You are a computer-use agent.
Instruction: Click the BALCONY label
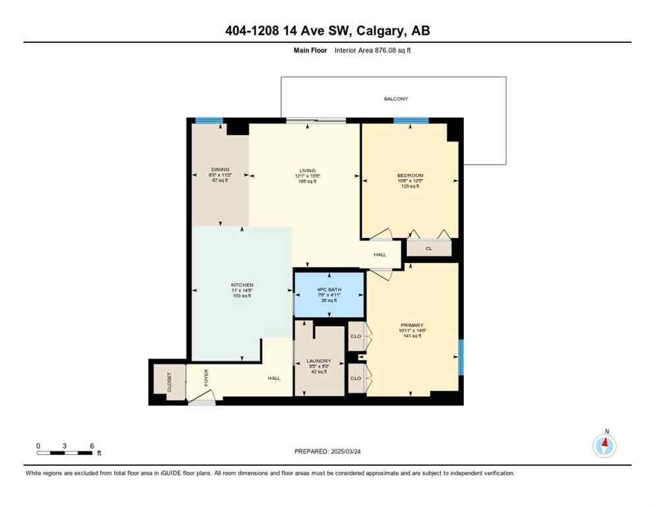(x=396, y=99)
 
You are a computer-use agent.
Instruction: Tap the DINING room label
(x=220, y=169)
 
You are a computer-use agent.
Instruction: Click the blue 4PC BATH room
(x=329, y=295)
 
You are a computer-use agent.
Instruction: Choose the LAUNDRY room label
(x=320, y=361)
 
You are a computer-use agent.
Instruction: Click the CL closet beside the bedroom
(x=429, y=248)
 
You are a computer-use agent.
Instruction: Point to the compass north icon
(x=604, y=445)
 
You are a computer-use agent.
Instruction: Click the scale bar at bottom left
(x=65, y=453)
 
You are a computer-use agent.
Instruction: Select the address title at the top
(x=327, y=30)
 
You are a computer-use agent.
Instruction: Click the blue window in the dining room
(x=209, y=121)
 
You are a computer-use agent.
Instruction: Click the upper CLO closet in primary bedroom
(x=356, y=336)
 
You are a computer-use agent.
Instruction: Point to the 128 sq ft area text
(x=410, y=186)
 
